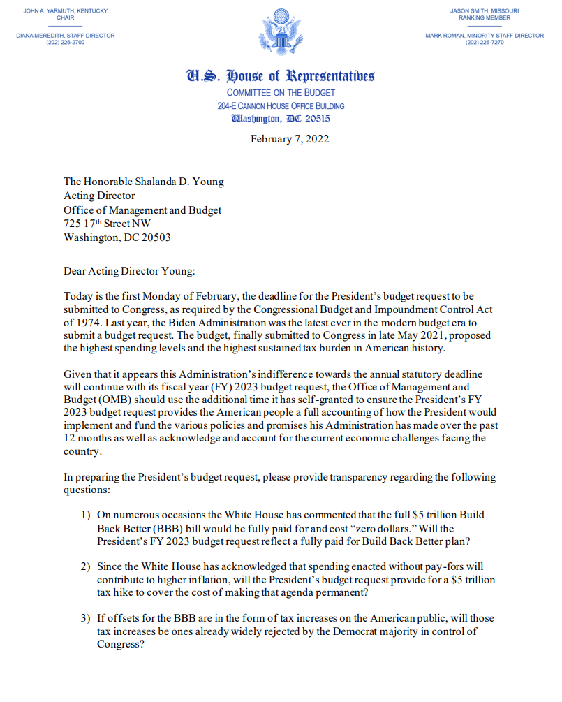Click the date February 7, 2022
tap(290, 138)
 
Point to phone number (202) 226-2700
tap(65, 43)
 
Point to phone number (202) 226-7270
tap(485, 43)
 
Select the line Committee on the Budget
tap(281, 93)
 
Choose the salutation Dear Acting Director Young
tap(127, 271)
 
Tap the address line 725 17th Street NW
tap(107, 224)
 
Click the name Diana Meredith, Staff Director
tap(65, 35)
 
